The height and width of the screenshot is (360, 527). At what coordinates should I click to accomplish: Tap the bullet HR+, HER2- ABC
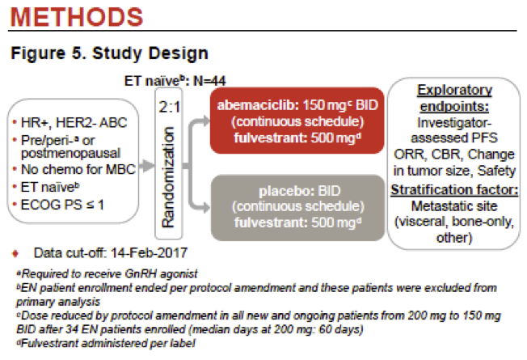pyautogui.click(x=67, y=121)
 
